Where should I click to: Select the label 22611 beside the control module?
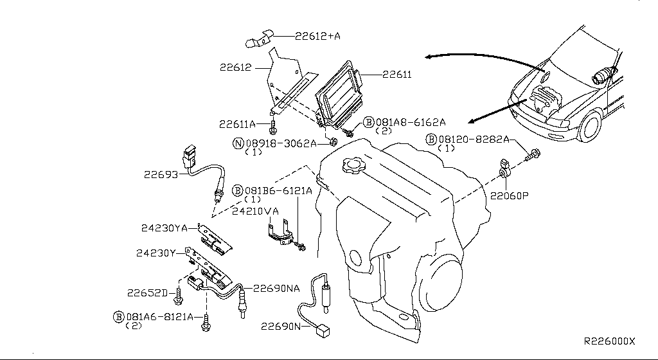pos(396,75)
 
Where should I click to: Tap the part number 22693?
pos(162,174)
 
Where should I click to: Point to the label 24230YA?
pos(164,227)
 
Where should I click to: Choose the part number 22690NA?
pos(276,289)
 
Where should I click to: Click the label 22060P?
pos(510,195)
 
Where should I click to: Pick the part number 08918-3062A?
pos(281,144)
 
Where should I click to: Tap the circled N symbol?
pos(238,144)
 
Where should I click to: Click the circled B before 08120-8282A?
pos(431,139)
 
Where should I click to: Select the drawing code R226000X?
pos(609,341)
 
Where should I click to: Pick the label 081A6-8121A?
pos(159,316)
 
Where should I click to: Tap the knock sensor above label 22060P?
pos(505,170)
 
